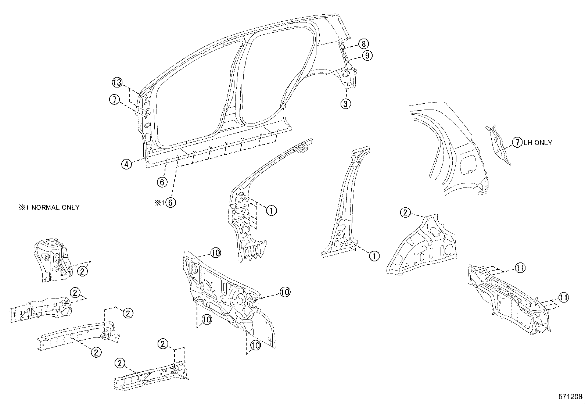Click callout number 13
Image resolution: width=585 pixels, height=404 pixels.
pos(117,83)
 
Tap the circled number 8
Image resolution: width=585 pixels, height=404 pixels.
pos(363,44)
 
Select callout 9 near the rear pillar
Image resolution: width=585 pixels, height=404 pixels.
pos(367,56)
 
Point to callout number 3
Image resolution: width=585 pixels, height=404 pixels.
pos(345,104)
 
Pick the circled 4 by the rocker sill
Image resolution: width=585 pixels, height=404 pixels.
pos(126,164)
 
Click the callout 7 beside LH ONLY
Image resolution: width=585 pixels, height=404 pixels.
pos(517,143)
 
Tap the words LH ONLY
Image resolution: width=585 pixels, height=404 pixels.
pos(538,143)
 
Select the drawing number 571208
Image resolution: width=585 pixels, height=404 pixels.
pos(570,397)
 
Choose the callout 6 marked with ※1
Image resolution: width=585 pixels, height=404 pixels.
pos(171,202)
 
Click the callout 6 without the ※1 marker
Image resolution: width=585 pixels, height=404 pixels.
pos(162,182)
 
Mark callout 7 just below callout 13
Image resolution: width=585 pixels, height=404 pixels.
pos(114,99)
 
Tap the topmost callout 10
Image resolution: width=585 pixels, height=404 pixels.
pos(215,253)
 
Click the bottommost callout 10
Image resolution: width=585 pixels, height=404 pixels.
pos(255,345)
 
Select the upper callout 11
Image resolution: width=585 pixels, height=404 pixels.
pos(520,268)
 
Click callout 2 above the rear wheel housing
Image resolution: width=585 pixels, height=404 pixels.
pos(405,212)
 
